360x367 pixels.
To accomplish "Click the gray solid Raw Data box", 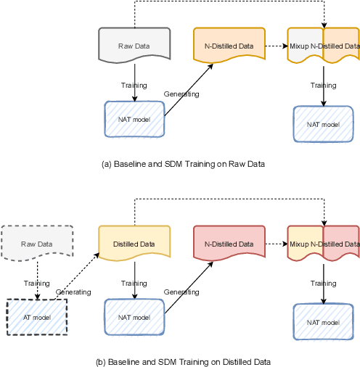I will pyautogui.click(x=134, y=46).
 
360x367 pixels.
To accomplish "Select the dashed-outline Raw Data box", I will pyautogui.click(x=36, y=244).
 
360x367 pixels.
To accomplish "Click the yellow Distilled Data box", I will pyautogui.click(x=134, y=244).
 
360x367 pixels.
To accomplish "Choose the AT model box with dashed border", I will pyautogui.click(x=36, y=316).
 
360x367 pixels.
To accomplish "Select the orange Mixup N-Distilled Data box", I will pyautogui.click(x=323, y=46).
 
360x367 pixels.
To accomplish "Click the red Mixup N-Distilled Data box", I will pyautogui.click(x=323, y=244).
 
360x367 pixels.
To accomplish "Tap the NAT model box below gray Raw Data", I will pyautogui.click(x=134, y=119).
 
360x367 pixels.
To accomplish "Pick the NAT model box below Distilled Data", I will pyautogui.click(x=134, y=317).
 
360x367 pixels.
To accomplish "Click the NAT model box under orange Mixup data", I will pyautogui.click(x=323, y=124).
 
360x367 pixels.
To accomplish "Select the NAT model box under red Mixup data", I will pyautogui.click(x=323, y=322).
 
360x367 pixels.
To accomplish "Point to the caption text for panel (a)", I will pyautogui.click(x=183, y=165).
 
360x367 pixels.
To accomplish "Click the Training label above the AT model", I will pyautogui.click(x=37, y=283).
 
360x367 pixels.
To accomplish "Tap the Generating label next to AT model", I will pyautogui.click(x=73, y=292).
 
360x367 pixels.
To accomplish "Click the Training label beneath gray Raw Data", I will pyautogui.click(x=134, y=85).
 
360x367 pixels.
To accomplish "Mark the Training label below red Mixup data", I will pyautogui.click(x=324, y=284).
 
